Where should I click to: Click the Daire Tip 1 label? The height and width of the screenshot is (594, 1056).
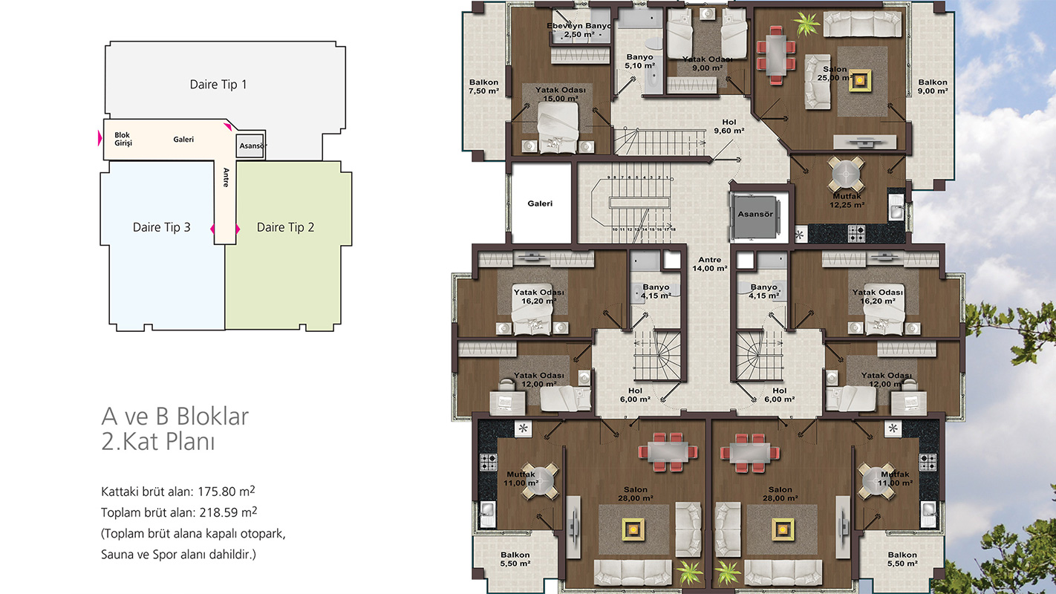tap(218, 85)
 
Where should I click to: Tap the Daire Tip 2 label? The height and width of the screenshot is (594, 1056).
tap(285, 227)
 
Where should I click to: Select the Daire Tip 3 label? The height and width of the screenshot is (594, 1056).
tap(162, 227)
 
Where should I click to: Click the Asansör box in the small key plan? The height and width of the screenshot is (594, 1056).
tap(250, 146)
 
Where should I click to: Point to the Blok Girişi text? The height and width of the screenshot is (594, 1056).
tap(123, 139)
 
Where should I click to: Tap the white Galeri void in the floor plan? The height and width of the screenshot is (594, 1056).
tap(541, 203)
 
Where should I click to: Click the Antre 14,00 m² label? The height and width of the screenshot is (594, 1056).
tap(709, 264)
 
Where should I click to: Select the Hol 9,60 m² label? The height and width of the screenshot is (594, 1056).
tap(729, 126)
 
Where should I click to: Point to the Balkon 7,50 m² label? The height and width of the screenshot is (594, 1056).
tap(483, 86)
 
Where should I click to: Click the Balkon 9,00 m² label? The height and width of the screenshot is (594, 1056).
tap(933, 86)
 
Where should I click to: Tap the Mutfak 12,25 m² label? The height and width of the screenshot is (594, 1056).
tap(847, 200)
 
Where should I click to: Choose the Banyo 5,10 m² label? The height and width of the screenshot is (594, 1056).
tap(639, 62)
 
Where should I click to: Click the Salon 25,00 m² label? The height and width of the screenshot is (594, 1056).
tap(835, 74)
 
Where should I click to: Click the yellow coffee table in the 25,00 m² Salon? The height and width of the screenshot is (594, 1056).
tap(860, 81)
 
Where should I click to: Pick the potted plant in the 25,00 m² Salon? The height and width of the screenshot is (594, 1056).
tap(807, 22)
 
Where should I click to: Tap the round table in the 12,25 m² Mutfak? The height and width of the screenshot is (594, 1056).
tap(847, 174)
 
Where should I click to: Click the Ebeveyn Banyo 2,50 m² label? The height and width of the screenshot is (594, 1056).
tap(579, 30)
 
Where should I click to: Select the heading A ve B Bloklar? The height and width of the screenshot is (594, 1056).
tap(175, 417)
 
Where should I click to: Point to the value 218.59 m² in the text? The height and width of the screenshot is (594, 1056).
tap(228, 512)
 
